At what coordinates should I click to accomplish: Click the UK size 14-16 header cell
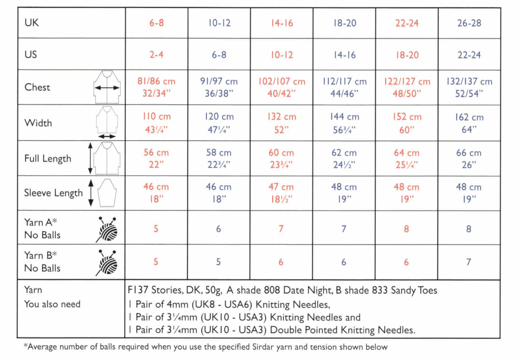[x=281, y=23]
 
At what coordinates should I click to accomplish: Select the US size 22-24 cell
[x=469, y=55]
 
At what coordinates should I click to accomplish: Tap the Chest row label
[x=37, y=87]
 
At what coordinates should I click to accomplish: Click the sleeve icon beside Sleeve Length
[x=107, y=193]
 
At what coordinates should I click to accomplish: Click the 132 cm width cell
[x=281, y=123]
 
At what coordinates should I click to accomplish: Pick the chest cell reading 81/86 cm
[x=156, y=87]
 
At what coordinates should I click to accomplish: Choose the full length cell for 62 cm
[x=344, y=158]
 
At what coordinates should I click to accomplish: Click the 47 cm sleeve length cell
[x=281, y=193]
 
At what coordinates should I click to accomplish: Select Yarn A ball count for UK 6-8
[x=156, y=229]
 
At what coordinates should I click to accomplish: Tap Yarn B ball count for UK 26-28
[x=469, y=262]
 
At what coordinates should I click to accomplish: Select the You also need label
[x=52, y=304]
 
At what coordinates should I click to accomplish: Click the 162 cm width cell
[x=469, y=123]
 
